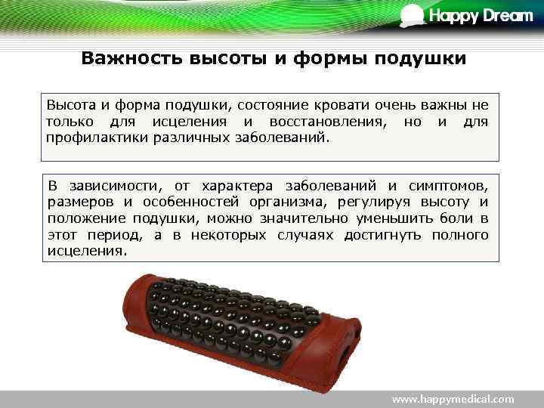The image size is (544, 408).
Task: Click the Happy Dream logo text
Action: (481, 16)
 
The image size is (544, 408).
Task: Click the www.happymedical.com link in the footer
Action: (453, 399)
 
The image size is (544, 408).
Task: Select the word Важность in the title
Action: (124, 58)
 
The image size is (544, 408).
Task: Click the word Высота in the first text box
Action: (71, 104)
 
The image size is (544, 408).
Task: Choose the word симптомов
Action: (450, 185)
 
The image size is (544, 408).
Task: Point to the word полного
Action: (460, 235)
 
